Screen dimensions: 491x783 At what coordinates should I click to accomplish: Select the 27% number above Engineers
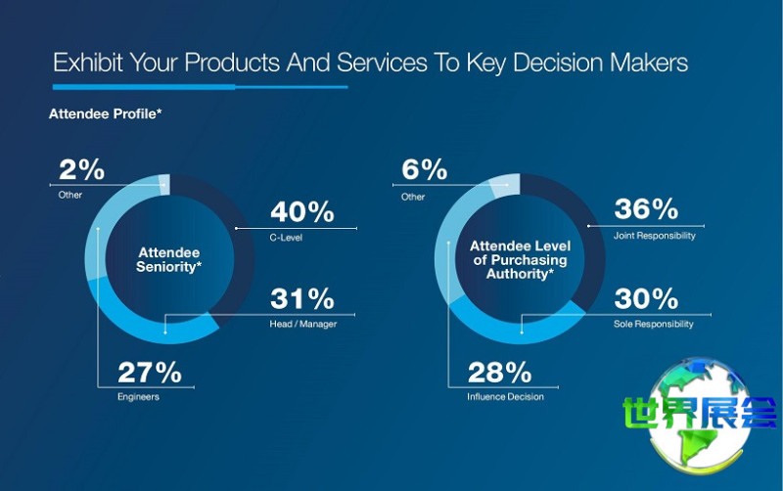pos(150,372)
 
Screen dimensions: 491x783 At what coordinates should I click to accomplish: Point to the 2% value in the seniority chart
pos(81,169)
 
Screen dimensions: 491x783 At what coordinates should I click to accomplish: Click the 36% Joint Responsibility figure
pos(646,209)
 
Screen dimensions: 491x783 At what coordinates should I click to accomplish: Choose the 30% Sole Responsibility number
pos(646,298)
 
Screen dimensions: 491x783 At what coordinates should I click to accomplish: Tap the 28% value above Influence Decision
pos(499,372)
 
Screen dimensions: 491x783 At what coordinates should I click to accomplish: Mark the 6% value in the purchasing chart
pos(424,170)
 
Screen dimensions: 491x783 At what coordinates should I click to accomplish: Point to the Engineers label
pos(138,397)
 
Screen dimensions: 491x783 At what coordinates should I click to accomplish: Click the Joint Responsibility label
pos(655,236)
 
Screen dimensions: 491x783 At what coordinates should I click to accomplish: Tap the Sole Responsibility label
pos(654,324)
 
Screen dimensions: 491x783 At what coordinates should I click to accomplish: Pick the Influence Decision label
pos(505,397)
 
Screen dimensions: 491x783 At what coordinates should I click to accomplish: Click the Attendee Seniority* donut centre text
pos(168,260)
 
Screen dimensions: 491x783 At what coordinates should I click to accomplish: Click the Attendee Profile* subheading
pos(105,114)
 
